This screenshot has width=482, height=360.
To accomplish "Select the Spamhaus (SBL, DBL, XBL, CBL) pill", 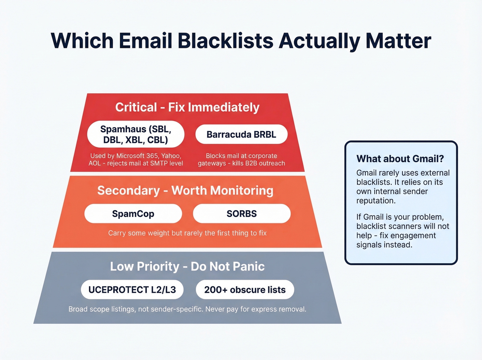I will pyautogui.click(x=136, y=134).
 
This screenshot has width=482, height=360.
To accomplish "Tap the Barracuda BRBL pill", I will pyautogui.click(x=241, y=134).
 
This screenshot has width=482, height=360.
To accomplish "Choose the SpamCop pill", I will pyautogui.click(x=133, y=214).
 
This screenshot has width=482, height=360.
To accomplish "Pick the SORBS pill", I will pyautogui.click(x=242, y=214).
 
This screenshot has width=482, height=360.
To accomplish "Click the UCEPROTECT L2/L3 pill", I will pyautogui.click(x=132, y=290).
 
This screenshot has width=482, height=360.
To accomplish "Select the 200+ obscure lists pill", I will pyautogui.click(x=245, y=290).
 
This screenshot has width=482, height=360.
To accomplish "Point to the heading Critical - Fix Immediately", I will pyautogui.click(x=187, y=107).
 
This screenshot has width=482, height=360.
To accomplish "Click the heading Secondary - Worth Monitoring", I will pyautogui.click(x=185, y=191).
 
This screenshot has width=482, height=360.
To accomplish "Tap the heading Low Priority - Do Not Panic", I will pyautogui.click(x=187, y=266).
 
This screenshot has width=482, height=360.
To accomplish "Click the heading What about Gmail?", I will pyautogui.click(x=400, y=158).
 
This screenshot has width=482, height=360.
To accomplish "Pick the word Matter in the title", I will pyautogui.click(x=398, y=41).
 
